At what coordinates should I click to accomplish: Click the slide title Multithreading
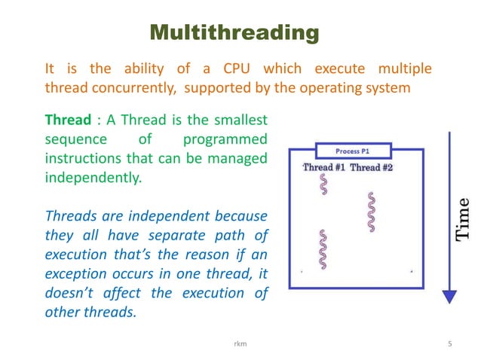234,34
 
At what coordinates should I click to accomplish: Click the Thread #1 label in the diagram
324,166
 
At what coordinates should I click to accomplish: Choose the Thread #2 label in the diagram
372,166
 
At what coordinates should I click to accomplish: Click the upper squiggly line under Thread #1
324,185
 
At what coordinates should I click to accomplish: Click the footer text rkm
240,345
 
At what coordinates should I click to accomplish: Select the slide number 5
449,345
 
